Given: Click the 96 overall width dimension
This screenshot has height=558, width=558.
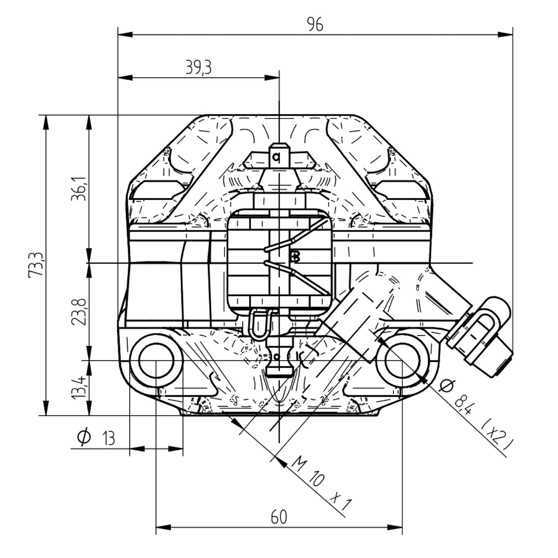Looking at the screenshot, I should (315, 24).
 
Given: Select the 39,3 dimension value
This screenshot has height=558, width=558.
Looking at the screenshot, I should (199, 68).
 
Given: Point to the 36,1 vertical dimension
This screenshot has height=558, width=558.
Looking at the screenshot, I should (79, 189).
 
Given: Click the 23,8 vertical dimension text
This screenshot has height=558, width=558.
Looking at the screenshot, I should (79, 312).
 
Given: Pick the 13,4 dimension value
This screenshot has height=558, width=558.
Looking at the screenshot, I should (79, 387).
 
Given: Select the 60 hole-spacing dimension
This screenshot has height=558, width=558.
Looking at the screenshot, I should (279, 517).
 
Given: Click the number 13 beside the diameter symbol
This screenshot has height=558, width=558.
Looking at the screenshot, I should (108, 438).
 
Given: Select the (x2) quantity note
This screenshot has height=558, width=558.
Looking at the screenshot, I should (496, 435).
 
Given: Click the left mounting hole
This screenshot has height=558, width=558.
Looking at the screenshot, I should (156, 360).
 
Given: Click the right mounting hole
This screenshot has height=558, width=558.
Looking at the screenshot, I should (402, 360).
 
